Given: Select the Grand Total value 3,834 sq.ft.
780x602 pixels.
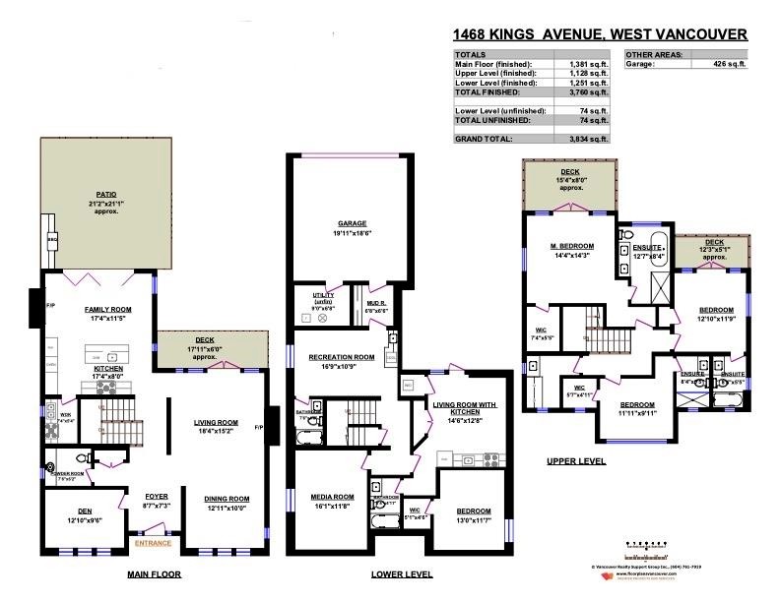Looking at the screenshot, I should click(588, 140).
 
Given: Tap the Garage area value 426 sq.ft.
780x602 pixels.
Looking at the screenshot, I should click(728, 64).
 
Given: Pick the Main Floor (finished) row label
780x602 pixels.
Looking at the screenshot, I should click(493, 64).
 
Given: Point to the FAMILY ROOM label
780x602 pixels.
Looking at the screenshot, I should click(107, 309).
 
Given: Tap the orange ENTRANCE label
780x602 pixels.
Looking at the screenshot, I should click(154, 542).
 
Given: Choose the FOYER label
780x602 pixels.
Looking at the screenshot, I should click(156, 497).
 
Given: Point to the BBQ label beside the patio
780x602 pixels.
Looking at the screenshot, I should click(50, 238).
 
